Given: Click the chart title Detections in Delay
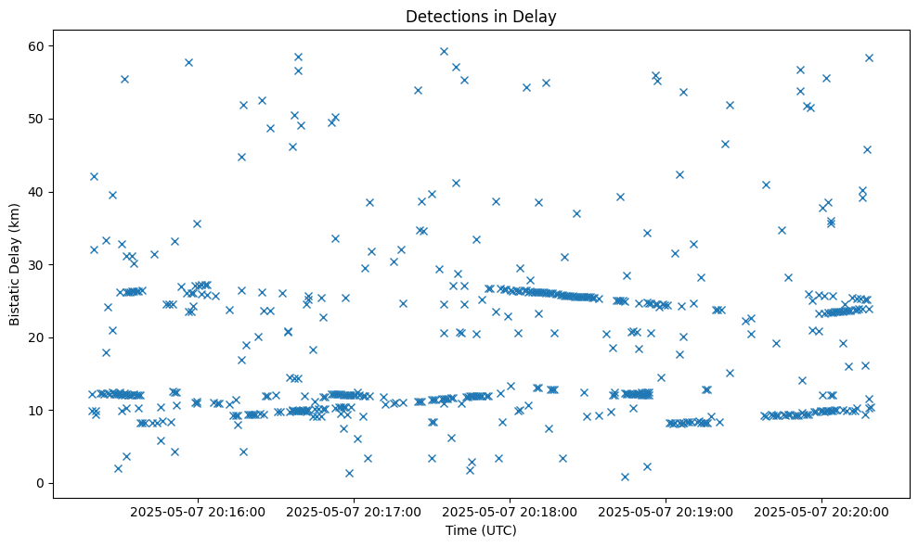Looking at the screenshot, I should pyautogui.click(x=481, y=16).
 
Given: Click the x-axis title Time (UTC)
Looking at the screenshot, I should pyautogui.click(x=481, y=530).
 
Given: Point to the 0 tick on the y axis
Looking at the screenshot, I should pyautogui.click(x=41, y=483).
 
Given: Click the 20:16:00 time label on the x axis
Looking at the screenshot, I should pyautogui.click(x=198, y=511).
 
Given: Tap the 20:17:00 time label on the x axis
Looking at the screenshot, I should pyautogui.click(x=354, y=511).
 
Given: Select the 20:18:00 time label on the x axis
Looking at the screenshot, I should pyautogui.click(x=510, y=511).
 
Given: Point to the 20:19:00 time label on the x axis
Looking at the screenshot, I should pyautogui.click(x=666, y=511).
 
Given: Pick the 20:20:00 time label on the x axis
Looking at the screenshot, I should pyautogui.click(x=821, y=511).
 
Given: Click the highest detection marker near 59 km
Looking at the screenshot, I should pyautogui.click(x=444, y=52).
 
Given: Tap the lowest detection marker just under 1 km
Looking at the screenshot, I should pyautogui.click(x=625, y=477).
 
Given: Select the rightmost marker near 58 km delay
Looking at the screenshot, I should pyautogui.click(x=869, y=57).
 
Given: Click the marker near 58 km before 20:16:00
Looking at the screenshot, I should pyautogui.click(x=188, y=62).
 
